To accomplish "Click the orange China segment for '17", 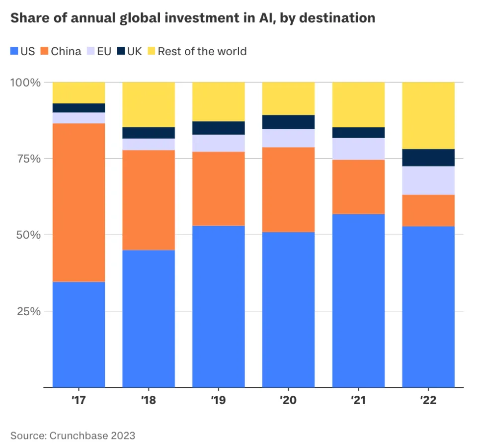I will pos(79,202).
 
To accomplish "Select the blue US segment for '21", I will pos(358,300).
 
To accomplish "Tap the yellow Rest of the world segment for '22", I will pos(428,115).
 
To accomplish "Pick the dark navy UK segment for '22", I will pos(428,158).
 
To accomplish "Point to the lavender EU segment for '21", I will pos(358,149).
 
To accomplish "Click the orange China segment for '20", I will pos(288,189).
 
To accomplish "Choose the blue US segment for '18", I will pos(149,318).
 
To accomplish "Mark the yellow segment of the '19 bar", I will pos(219,101).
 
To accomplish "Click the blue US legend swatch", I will pos(14,51).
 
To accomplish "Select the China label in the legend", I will pos(66,51).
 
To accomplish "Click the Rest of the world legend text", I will pos(202,51).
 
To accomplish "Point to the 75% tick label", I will pos(26,159).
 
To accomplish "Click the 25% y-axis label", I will pos(26,311).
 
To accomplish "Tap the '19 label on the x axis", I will pos(219,400).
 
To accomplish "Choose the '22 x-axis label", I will pos(428,400).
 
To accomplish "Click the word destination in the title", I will pos(337,19).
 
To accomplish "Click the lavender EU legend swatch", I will pos(93,51).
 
